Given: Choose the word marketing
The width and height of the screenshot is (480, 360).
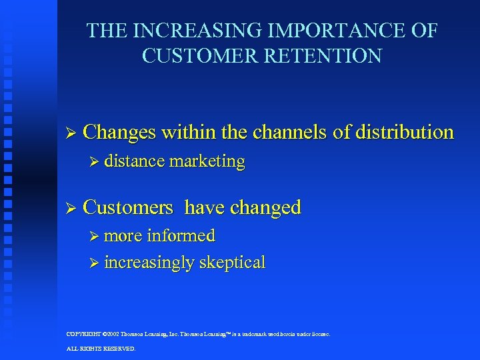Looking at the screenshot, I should (207, 161).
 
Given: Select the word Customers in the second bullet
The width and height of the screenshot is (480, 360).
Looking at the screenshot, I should (128, 207).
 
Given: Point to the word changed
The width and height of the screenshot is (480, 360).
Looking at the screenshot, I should (265, 207).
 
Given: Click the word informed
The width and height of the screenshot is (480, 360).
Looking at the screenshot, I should (181, 235).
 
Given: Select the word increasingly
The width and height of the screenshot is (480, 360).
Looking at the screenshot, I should (150, 262).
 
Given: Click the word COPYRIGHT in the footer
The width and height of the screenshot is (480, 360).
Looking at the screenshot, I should (85, 334).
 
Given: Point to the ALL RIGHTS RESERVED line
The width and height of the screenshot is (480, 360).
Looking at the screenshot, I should (101, 348).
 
